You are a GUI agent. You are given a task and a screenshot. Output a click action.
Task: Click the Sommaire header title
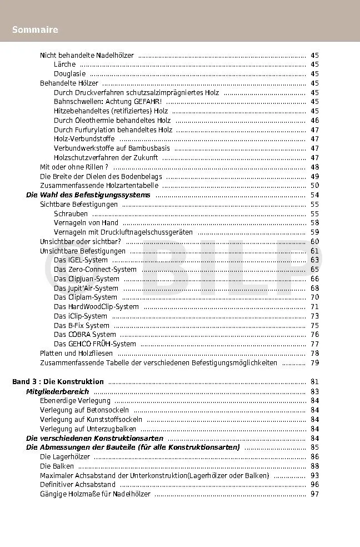[35, 29]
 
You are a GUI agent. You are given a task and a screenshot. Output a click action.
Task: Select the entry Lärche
[64, 64]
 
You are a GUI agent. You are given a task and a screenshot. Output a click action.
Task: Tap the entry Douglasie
[69, 74]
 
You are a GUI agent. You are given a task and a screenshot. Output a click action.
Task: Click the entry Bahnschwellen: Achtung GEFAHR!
[108, 102]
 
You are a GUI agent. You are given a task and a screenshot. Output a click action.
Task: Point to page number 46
[314, 120]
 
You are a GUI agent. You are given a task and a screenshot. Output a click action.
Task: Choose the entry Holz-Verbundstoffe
[84, 139]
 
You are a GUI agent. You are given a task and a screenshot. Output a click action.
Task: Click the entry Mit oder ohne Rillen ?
[74, 167]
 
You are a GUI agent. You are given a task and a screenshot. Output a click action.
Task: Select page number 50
[314, 186]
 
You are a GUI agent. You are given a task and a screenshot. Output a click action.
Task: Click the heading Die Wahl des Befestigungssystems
[88, 195]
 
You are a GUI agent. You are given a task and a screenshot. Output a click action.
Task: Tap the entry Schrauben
[71, 213]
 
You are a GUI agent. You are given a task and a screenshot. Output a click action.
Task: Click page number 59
[314, 232]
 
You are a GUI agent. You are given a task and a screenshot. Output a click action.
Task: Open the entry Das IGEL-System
[81, 260]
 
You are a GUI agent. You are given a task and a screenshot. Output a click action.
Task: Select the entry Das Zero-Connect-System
[95, 270]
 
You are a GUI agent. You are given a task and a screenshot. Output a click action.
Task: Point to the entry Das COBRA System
[84, 335]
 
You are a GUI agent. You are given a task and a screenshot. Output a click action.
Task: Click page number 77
[314, 344]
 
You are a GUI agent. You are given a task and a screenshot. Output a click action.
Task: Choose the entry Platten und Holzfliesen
[76, 354]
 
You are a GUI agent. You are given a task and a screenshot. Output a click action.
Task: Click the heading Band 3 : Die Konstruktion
[58, 382]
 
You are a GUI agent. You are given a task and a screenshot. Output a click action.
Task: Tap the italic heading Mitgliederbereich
[57, 391]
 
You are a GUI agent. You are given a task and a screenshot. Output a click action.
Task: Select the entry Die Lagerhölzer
[64, 457]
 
